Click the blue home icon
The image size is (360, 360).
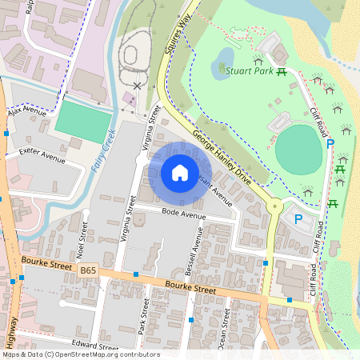(x=180, y=172)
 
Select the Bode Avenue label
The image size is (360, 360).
(x=182, y=214)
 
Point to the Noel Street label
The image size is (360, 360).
(x=82, y=235)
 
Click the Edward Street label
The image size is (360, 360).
(x=94, y=346)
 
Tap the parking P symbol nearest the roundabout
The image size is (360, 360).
(x=298, y=218)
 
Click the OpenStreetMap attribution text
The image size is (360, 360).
(x=80, y=354)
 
